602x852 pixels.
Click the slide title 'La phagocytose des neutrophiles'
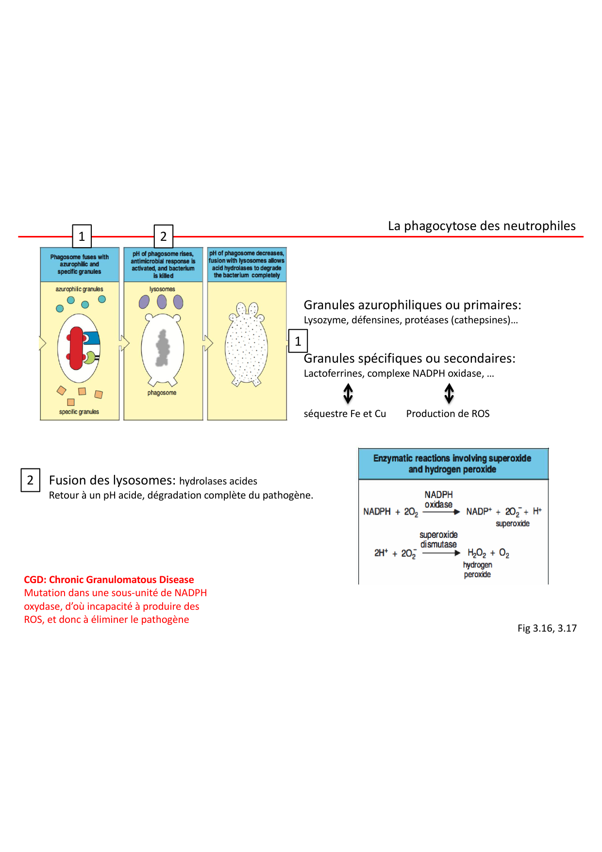tap(482, 226)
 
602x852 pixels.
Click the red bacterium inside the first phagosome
tap(76, 348)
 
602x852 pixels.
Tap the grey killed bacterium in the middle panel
tap(163, 348)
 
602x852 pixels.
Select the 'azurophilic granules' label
tap(79, 289)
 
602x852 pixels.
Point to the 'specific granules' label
tap(79, 412)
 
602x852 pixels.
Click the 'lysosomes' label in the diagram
tap(162, 289)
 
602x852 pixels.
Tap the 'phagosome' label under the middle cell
tap(162, 393)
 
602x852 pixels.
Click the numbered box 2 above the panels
tap(163, 236)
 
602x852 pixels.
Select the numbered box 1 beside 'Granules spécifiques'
tap(298, 341)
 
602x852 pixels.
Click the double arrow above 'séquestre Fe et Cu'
tap(348, 394)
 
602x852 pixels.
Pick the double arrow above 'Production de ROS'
tap(449, 394)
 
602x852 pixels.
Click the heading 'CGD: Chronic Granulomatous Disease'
tap(109, 580)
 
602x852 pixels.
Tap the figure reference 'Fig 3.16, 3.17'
tap(547, 628)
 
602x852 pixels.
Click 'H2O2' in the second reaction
tap(477, 553)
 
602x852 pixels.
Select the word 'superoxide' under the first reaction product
tap(513, 523)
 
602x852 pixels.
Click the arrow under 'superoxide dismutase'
tap(441, 553)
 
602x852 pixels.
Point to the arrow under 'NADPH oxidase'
tap(441, 512)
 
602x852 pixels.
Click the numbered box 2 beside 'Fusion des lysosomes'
tap(30, 480)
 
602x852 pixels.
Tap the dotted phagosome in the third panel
tap(247, 347)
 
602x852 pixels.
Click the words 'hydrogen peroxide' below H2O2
tap(477, 569)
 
